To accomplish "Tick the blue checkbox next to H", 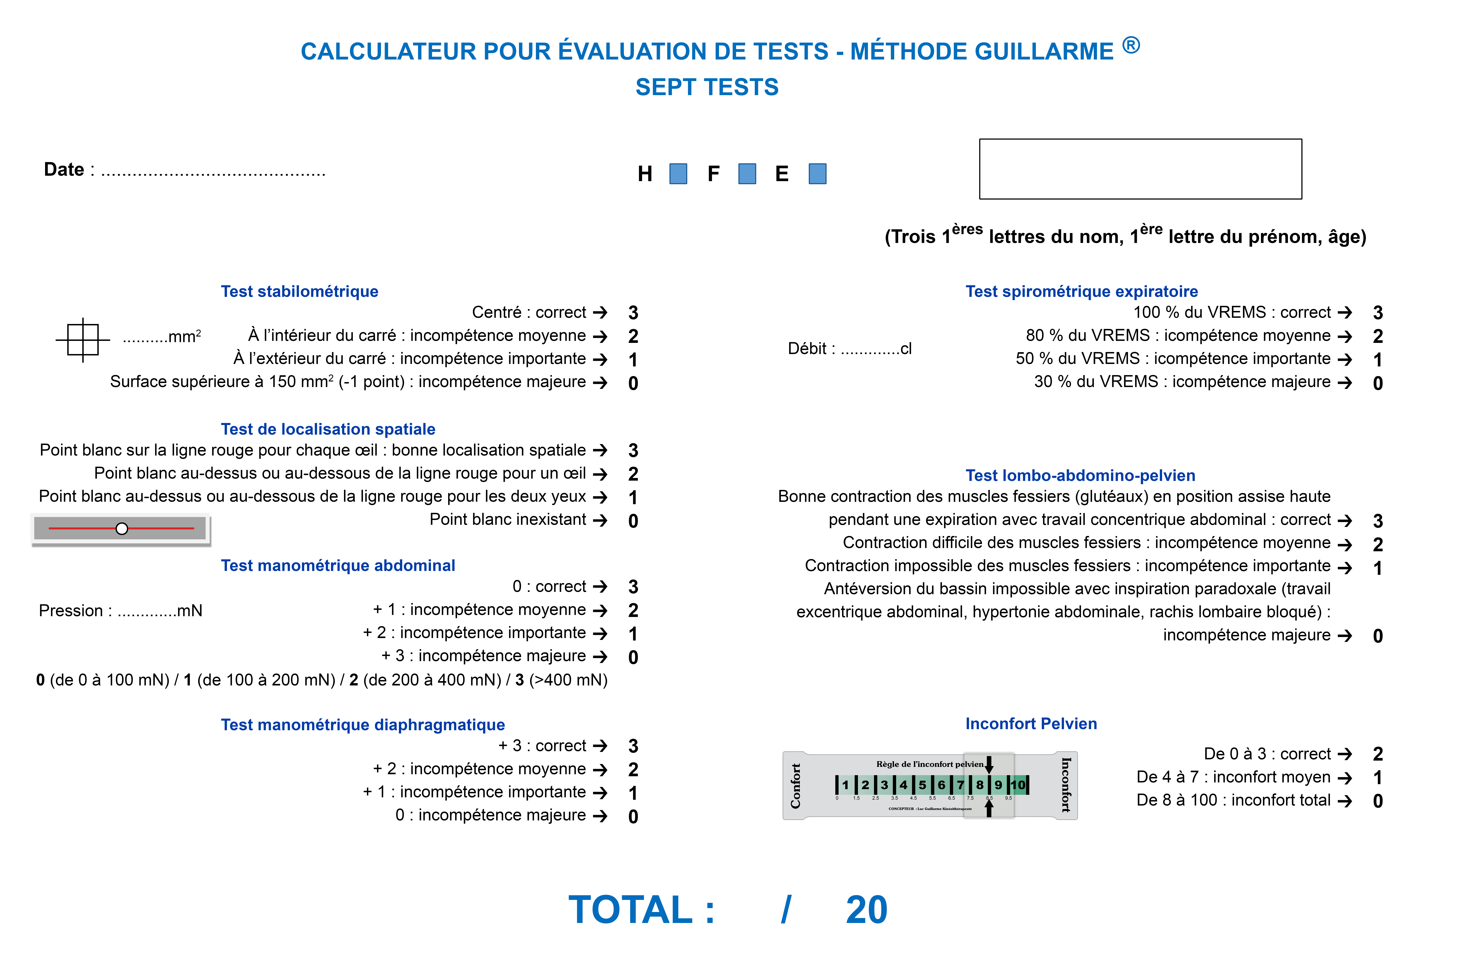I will (678, 174).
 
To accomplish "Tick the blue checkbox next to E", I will (817, 174).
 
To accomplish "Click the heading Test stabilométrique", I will (300, 292).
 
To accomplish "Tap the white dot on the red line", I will (122, 528).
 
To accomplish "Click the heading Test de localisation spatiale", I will (328, 429).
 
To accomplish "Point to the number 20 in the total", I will (866, 910).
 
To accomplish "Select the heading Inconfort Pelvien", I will (1031, 724).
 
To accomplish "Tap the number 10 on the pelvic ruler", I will (1018, 785).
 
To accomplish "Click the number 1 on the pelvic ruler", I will (845, 785).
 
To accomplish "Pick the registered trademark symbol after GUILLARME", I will (1131, 45).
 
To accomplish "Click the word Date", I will (64, 170).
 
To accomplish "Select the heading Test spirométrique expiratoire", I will (1082, 292).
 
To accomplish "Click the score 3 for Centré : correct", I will (633, 313).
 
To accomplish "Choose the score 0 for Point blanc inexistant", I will (633, 521).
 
